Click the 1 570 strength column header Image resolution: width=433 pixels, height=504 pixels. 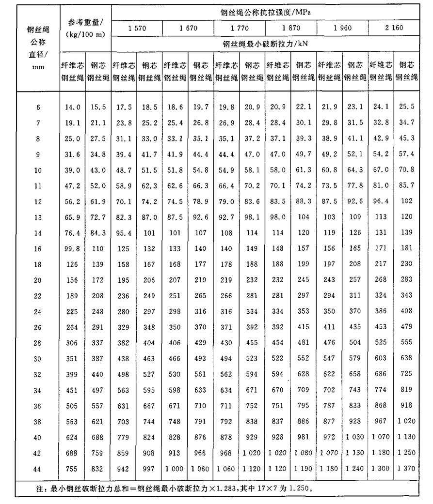tap(137, 28)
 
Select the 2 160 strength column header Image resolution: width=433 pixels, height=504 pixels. tap(394, 28)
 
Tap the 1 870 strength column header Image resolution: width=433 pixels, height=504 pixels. tap(291, 28)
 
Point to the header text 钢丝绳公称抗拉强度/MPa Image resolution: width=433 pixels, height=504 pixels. tap(265, 10)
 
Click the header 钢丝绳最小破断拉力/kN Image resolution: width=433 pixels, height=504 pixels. tap(265, 44)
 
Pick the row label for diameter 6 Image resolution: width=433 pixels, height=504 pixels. tap(38, 107)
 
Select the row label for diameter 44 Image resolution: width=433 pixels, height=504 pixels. tap(38, 469)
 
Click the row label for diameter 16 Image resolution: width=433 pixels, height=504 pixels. tap(38, 249)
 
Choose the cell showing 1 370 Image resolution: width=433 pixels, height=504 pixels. tap(406, 469)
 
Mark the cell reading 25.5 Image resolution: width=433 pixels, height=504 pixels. tap(406, 107)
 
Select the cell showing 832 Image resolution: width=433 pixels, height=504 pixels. tap(98, 469)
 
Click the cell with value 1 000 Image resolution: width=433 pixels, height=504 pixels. tap(175, 469)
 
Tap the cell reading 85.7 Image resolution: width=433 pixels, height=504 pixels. tap(406, 186)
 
